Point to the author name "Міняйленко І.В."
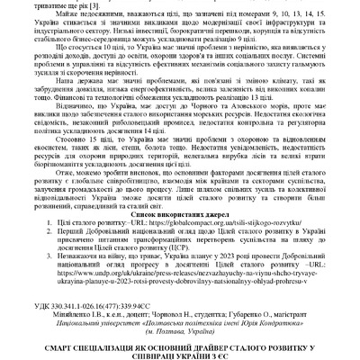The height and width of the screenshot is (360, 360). [83, 304]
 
